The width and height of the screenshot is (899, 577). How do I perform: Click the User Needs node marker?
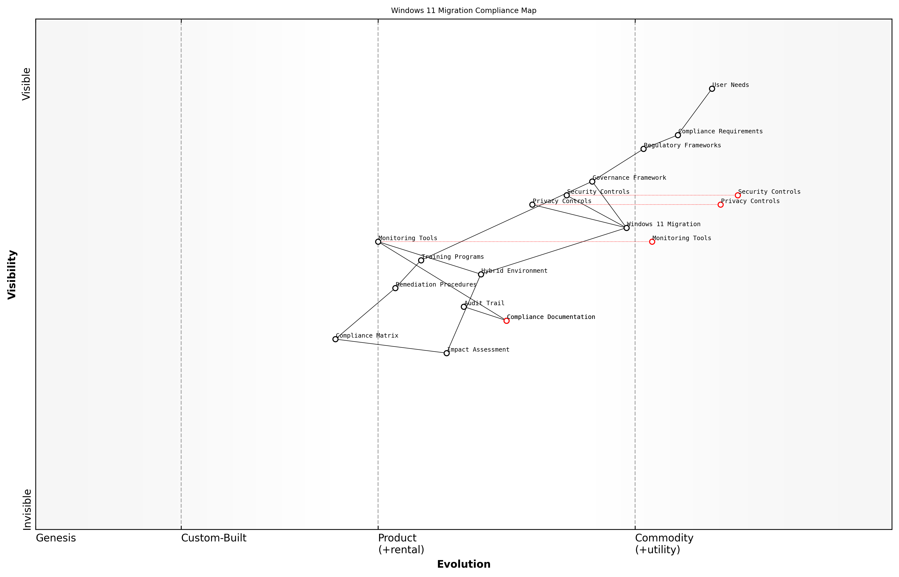[712, 89]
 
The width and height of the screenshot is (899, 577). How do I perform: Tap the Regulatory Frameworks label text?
[682, 145]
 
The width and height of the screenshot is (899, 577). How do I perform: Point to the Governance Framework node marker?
[592, 182]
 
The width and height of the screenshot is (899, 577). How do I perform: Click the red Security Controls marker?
[737, 195]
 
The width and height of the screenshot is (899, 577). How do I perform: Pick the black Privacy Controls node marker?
[532, 205]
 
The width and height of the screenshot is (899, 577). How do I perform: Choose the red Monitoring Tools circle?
[652, 242]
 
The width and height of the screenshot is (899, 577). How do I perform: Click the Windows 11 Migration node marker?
[627, 228]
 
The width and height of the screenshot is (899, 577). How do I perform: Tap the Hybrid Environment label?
[514, 271]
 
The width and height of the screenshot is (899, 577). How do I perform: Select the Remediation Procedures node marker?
[395, 288]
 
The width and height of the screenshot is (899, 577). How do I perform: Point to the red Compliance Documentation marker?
[506, 321]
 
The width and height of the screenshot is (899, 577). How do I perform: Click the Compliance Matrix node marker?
[335, 339]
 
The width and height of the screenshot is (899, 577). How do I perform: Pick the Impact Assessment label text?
[478, 350]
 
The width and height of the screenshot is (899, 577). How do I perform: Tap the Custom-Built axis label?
[214, 538]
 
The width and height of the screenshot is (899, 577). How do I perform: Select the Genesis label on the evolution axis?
[56, 538]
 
